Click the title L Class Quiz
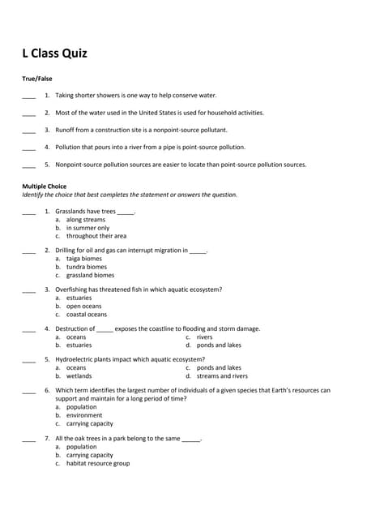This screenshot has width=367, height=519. click(54, 54)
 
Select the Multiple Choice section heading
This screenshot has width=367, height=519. click(45, 187)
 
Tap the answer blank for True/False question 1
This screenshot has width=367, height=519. click(28, 97)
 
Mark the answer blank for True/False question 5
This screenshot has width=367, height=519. click(28, 166)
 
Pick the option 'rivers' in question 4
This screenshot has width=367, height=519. click(204, 337)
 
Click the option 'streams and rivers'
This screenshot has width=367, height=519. click(222, 375)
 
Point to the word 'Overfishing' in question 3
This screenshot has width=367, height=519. click(71, 290)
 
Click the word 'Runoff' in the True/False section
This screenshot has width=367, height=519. click(65, 130)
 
